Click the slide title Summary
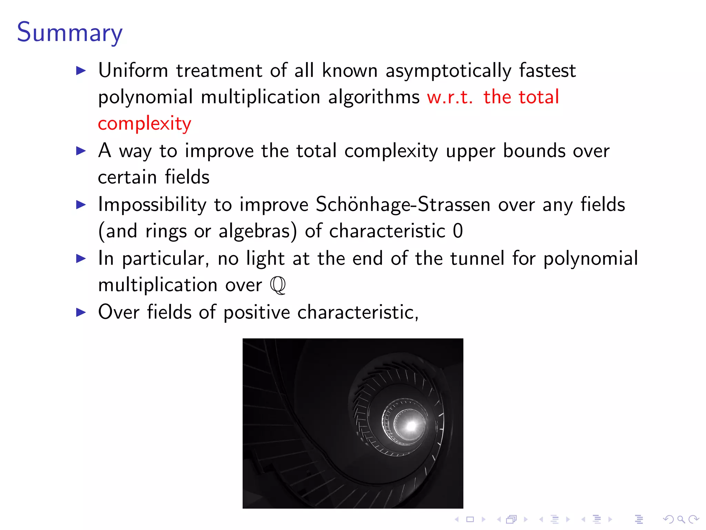pos(70,32)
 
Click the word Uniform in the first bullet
pos(133,70)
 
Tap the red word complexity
pos(144,124)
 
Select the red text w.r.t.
pos(450,97)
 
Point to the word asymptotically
pos(448,71)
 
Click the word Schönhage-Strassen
pos(403,204)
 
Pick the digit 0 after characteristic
pos(458,231)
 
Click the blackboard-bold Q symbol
pos(278,285)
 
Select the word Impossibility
pos(152,205)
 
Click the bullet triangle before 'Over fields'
pos(81,312)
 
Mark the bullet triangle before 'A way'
pos(81,151)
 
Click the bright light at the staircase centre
pos(411,426)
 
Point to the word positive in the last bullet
pos(257,313)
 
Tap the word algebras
pos(258,231)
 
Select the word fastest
pos(547,70)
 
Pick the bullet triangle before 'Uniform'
pos(81,71)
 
